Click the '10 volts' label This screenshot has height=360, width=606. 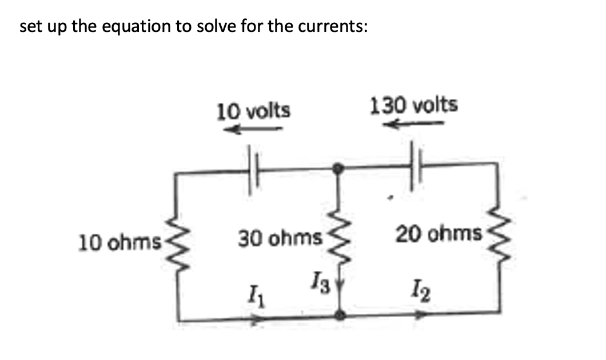253,110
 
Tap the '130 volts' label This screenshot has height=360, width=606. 414,105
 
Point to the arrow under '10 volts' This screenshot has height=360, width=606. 252,130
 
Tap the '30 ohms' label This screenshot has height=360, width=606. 280,237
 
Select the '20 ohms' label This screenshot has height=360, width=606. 439,233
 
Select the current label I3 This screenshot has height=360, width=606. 318,282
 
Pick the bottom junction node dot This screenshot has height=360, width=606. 340,315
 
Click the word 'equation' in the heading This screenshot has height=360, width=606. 134,27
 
